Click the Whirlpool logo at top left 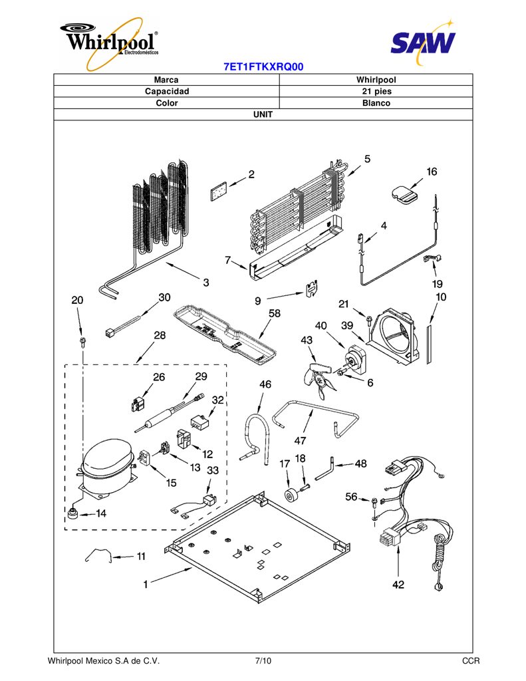(x=110, y=43)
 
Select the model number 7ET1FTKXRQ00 (x=263, y=67)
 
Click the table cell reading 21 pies (x=376, y=91)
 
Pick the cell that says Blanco (x=376, y=103)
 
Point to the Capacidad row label (x=167, y=91)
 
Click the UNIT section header (x=263, y=114)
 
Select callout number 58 (x=275, y=313)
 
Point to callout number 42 (x=398, y=585)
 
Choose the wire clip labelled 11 (x=99, y=555)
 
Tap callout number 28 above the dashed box (x=160, y=335)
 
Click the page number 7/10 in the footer (x=263, y=661)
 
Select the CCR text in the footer (x=471, y=661)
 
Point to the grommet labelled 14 (x=72, y=513)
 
